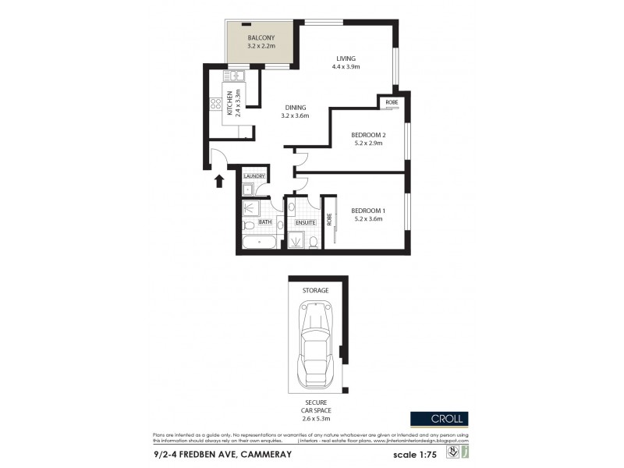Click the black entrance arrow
pyautogui.click(x=219, y=181)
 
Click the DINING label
pyautogui.click(x=295, y=108)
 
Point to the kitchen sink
pyautogui.click(x=235, y=76)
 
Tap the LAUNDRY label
pyautogui.click(x=254, y=177)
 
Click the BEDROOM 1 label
pyautogui.click(x=368, y=211)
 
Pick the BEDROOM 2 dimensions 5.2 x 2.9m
pyautogui.click(x=368, y=144)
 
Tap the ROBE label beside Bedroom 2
pyautogui.click(x=391, y=102)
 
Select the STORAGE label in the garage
pyautogui.click(x=316, y=290)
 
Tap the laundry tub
pyautogui.click(x=247, y=190)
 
